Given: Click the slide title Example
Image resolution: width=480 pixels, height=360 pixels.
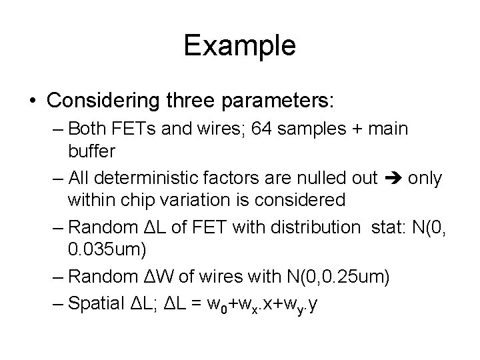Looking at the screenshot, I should [239, 46].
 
